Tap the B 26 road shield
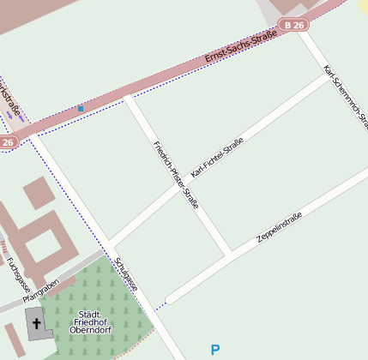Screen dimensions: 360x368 (294, 26)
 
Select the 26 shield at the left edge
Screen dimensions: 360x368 (8, 142)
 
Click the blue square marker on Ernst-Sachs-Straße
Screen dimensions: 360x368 (81, 109)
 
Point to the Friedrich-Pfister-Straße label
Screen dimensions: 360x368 (176, 174)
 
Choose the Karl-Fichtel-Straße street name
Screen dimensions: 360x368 (217, 157)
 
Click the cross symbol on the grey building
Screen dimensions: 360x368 (36, 323)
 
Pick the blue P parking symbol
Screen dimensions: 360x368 (215, 349)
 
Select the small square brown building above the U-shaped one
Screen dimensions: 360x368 (38, 193)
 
